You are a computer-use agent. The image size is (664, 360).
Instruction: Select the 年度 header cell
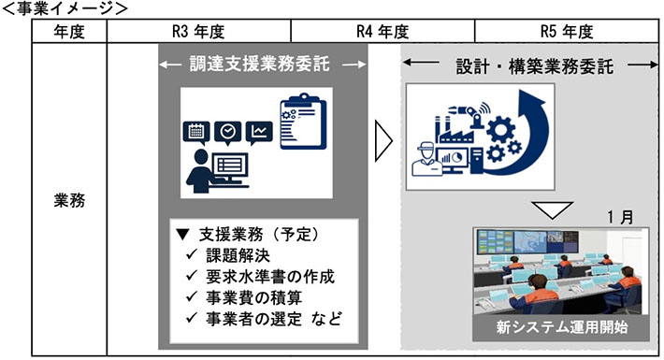[70, 31]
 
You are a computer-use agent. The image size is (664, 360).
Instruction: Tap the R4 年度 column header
[383, 31]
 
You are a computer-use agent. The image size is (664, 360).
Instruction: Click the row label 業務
[70, 200]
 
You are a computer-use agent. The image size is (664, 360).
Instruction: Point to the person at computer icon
[218, 168]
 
